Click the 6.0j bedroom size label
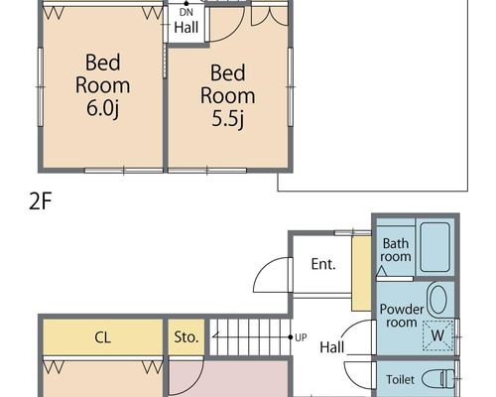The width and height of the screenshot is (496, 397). click(102, 108)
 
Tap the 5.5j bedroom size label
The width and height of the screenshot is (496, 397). click(228, 118)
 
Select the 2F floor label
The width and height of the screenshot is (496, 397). click(40, 201)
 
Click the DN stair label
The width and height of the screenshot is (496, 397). click(186, 13)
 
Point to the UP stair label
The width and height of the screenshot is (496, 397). click(301, 337)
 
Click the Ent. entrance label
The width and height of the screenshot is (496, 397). click(323, 264)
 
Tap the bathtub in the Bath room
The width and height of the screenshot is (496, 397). click(434, 247)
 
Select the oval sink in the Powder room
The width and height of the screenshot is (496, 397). click(437, 300)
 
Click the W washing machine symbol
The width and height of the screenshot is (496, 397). click(437, 335)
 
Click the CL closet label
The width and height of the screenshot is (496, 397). click(102, 337)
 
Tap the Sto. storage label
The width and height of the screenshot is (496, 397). click(186, 337)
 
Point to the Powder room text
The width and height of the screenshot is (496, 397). click(402, 316)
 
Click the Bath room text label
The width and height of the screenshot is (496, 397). click(396, 250)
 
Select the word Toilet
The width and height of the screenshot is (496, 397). click(400, 379)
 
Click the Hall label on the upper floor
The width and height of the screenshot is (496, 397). click(186, 28)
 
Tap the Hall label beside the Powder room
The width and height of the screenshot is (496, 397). click(332, 347)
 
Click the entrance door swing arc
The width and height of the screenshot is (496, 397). click(265, 267)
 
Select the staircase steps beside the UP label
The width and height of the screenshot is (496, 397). click(250, 337)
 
